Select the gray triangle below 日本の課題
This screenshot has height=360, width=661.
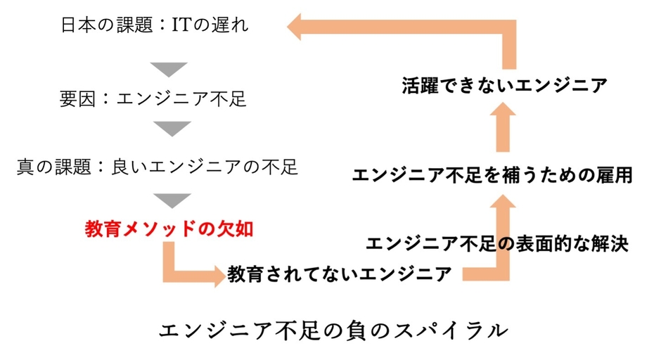168,69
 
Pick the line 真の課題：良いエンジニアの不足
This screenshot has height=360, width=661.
158,167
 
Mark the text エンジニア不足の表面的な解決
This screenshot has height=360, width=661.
496,243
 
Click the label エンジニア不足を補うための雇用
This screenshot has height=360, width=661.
492,174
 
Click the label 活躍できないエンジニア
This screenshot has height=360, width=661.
505,86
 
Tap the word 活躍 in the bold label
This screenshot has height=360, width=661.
421,86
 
